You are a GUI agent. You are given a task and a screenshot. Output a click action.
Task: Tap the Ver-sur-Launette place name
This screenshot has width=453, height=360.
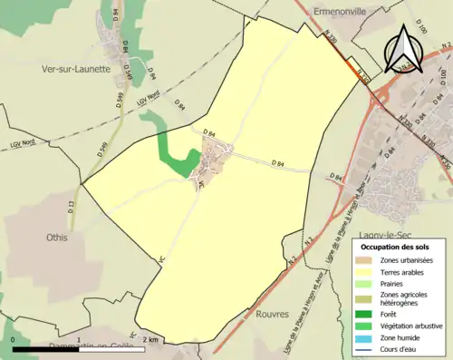[x=75, y=67]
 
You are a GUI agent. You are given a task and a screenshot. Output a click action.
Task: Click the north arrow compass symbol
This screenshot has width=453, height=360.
[x=404, y=49]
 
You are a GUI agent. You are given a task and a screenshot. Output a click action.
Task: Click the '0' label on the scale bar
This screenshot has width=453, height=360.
[x=14, y=339]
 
